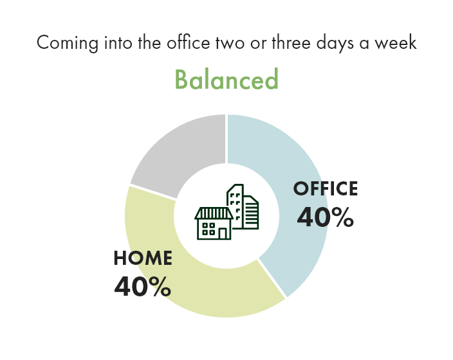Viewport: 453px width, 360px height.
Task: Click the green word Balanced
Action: coord(226,80)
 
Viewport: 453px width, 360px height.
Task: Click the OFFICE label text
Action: coord(326,189)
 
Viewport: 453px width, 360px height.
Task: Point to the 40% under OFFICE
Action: coord(326,217)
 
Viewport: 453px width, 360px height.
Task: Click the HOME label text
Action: coord(143,258)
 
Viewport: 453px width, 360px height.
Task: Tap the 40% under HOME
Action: coord(143,287)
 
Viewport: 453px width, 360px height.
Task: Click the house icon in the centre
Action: coord(214,224)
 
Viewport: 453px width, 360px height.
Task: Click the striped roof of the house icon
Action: coord(214,213)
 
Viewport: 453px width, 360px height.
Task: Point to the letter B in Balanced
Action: coord(181,80)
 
